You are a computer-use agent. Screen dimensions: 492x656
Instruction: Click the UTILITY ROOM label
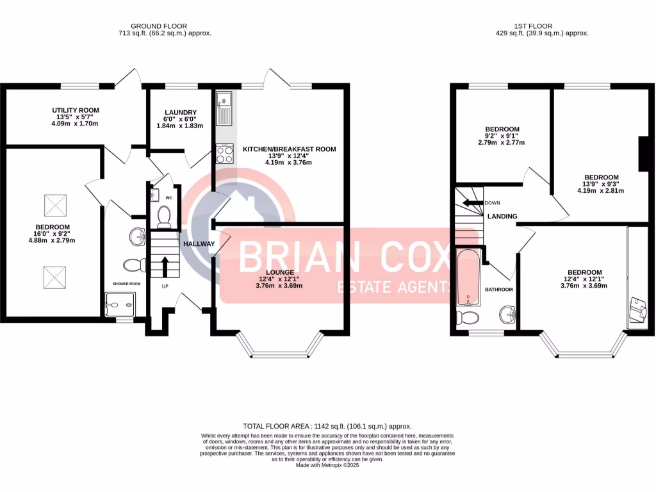76,110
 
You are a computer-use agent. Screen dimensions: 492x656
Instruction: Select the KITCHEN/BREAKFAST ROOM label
289,149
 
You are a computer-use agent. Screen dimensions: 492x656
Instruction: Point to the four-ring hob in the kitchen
225,154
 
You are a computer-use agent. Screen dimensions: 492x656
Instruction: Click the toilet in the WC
163,218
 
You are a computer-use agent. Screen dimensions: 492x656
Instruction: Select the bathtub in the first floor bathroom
468,277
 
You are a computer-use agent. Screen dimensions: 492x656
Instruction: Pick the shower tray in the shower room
120,304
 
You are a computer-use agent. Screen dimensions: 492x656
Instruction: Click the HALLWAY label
199,244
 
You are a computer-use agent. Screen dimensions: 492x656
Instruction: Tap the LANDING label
502,217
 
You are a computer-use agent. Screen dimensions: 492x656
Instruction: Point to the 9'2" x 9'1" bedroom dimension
503,136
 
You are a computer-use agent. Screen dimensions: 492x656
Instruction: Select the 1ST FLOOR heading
542,26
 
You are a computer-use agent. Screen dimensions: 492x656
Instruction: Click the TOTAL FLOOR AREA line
327,426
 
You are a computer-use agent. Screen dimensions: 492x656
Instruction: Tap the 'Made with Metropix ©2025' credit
327,466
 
